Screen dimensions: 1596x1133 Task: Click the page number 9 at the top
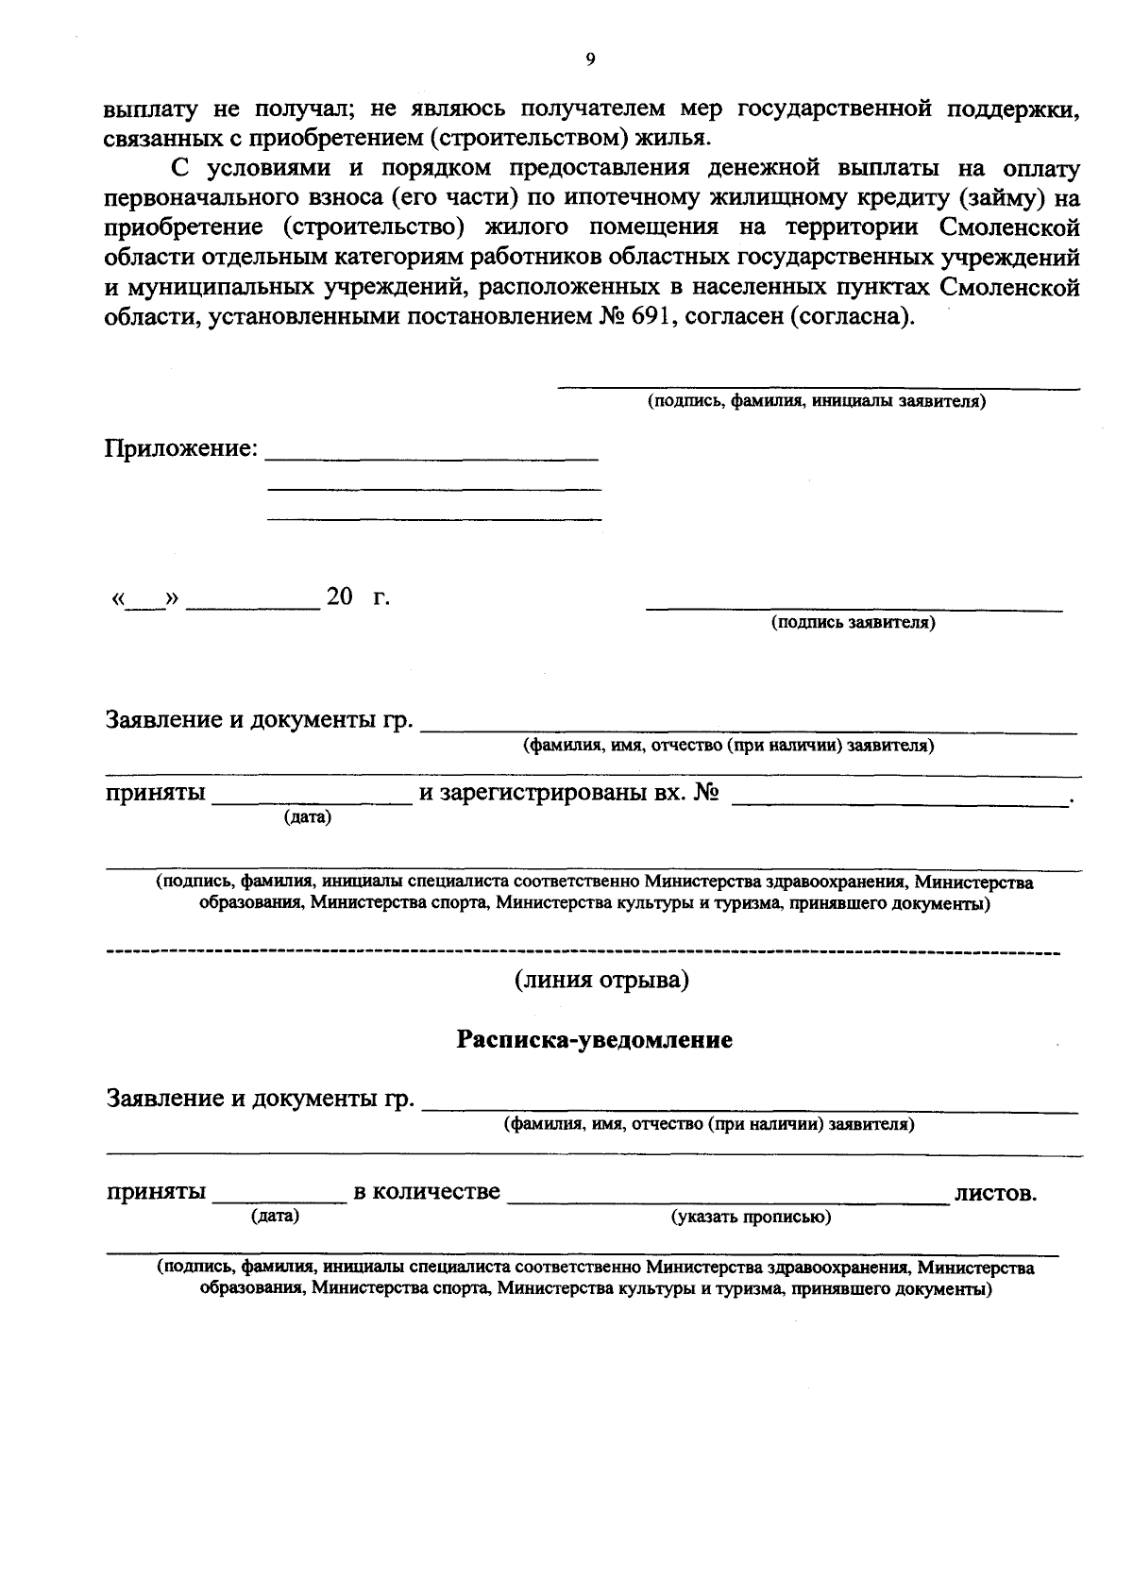(590, 59)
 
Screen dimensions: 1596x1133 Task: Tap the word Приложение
(180, 448)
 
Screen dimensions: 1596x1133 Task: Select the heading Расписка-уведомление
(595, 1040)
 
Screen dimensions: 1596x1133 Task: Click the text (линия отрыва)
(601, 981)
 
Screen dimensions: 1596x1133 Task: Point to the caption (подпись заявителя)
(854, 623)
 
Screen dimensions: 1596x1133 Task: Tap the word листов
(996, 1193)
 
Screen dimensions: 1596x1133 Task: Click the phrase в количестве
(427, 1192)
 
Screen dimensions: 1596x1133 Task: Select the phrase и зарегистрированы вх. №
(569, 794)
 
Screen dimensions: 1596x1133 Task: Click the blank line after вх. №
(897, 802)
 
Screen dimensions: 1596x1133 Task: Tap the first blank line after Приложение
(432, 458)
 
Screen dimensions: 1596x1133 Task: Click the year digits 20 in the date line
(339, 597)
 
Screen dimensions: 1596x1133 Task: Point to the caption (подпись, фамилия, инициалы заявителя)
(817, 401)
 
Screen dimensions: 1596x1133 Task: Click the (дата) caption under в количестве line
(275, 1217)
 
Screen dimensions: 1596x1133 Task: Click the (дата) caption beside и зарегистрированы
(308, 817)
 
